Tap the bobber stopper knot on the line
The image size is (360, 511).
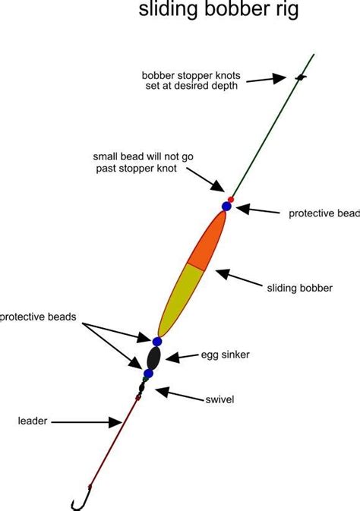pos(301,77)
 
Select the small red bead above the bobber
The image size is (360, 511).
pos(232,200)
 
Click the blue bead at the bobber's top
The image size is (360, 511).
pos(226,207)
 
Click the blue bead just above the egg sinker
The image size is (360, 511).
pos(157,342)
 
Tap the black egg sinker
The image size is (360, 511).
pos(153,357)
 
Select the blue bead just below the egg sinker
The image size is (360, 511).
pos(149,374)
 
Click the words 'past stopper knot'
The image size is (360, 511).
pos(137,168)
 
